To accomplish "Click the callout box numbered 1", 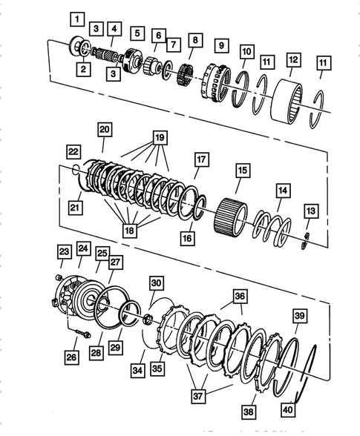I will tap(78, 16).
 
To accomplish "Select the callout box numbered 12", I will tap(294, 59).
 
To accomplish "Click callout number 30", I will tap(155, 283).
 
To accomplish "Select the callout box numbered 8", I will tap(195, 41).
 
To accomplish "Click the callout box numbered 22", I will tap(72, 151).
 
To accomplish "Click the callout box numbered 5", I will tap(137, 33).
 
